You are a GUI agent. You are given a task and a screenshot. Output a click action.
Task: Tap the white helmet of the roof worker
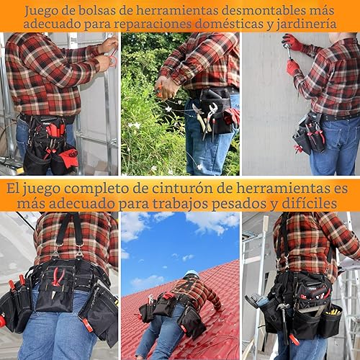tap(190, 274)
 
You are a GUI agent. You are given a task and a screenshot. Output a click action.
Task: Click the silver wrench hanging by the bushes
tap(210, 115)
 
